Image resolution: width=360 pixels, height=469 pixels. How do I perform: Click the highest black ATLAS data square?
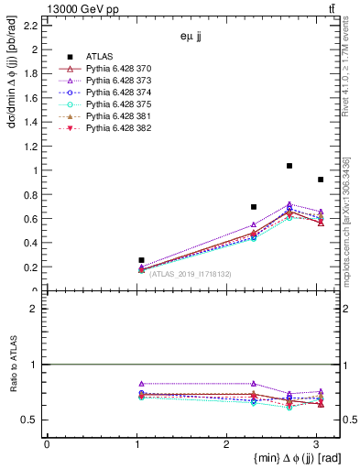(289, 166)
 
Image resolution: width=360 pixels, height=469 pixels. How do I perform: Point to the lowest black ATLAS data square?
(141, 260)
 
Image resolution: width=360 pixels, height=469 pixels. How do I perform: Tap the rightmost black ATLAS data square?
(320, 180)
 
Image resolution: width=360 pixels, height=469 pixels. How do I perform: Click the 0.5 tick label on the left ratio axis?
(31, 420)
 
